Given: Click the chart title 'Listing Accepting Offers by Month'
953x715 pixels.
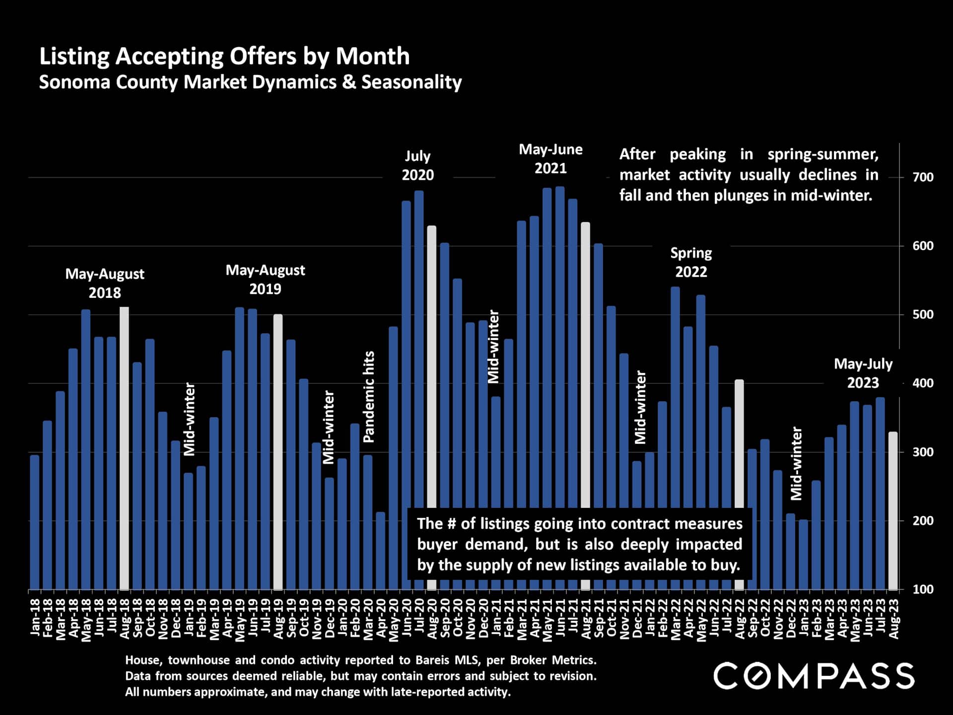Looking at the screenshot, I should pyautogui.click(x=224, y=56).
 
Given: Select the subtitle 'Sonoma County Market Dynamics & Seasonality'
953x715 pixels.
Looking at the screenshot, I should pyautogui.click(x=250, y=82).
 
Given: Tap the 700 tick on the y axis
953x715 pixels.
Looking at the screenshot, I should pyautogui.click(x=923, y=177).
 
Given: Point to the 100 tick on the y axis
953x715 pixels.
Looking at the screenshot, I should pyautogui.click(x=923, y=589).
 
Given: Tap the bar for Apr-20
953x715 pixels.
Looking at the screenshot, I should pyautogui.click(x=381, y=550).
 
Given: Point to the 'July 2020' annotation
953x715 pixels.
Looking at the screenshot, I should pyautogui.click(x=417, y=165).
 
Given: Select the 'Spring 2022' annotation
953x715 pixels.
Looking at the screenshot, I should pyautogui.click(x=691, y=262).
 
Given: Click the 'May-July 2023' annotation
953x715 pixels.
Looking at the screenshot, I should pyautogui.click(x=863, y=373).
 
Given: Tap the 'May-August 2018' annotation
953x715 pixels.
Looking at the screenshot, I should pyautogui.click(x=105, y=283).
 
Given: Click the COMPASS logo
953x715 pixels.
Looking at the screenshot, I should pyautogui.click(x=814, y=676).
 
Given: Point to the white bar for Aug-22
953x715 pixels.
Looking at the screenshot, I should pyautogui.click(x=739, y=484).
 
